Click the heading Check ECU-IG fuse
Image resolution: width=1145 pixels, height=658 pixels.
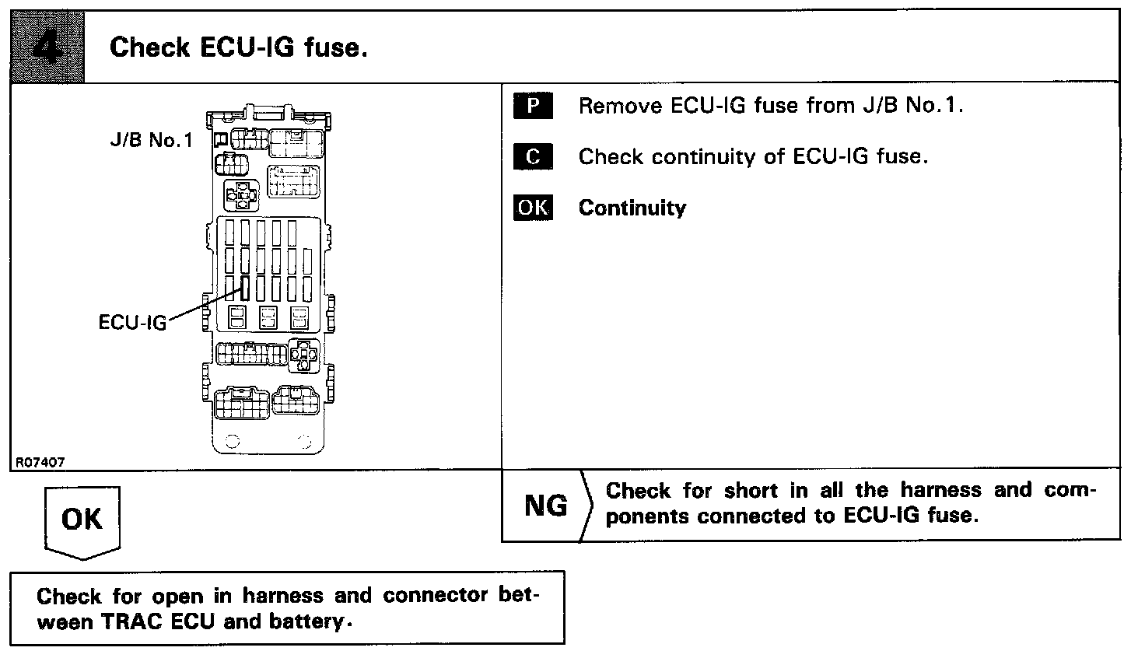pos(238,47)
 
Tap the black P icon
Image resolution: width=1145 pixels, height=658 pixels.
pos(533,105)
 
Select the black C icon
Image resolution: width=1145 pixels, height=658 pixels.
pos(533,156)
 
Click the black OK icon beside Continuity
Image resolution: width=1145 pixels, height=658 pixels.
pos(533,208)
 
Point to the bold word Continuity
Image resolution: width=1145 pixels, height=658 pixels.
pos(632,208)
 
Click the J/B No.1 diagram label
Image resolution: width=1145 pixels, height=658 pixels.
pos(150,142)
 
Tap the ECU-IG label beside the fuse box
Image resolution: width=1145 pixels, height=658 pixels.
pos(132,322)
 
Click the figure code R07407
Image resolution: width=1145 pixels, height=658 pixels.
pos(39,462)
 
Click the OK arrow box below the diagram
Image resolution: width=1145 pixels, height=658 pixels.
pos(82,519)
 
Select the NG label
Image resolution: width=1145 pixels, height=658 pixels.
pos(546,506)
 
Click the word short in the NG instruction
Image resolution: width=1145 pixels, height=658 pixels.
pos(751,491)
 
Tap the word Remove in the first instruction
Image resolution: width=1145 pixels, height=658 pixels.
pos(620,105)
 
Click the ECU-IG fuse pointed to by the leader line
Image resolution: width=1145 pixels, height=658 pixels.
pos(244,289)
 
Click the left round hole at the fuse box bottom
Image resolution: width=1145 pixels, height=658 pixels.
pos(232,443)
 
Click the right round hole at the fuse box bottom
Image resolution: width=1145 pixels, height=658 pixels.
pos(305,443)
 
